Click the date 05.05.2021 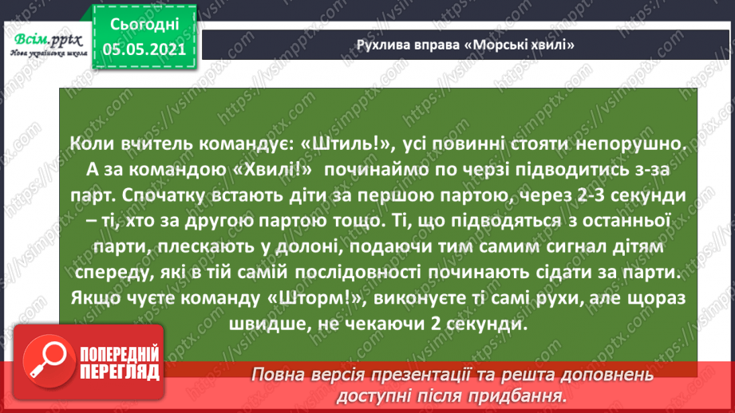tap(144, 49)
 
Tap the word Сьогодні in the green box tap(144, 25)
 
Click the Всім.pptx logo tap(48, 45)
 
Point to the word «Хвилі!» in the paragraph tap(272, 169)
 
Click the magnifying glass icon tap(49, 361)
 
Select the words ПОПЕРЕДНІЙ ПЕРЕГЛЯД tap(120, 364)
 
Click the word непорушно tap(631, 144)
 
